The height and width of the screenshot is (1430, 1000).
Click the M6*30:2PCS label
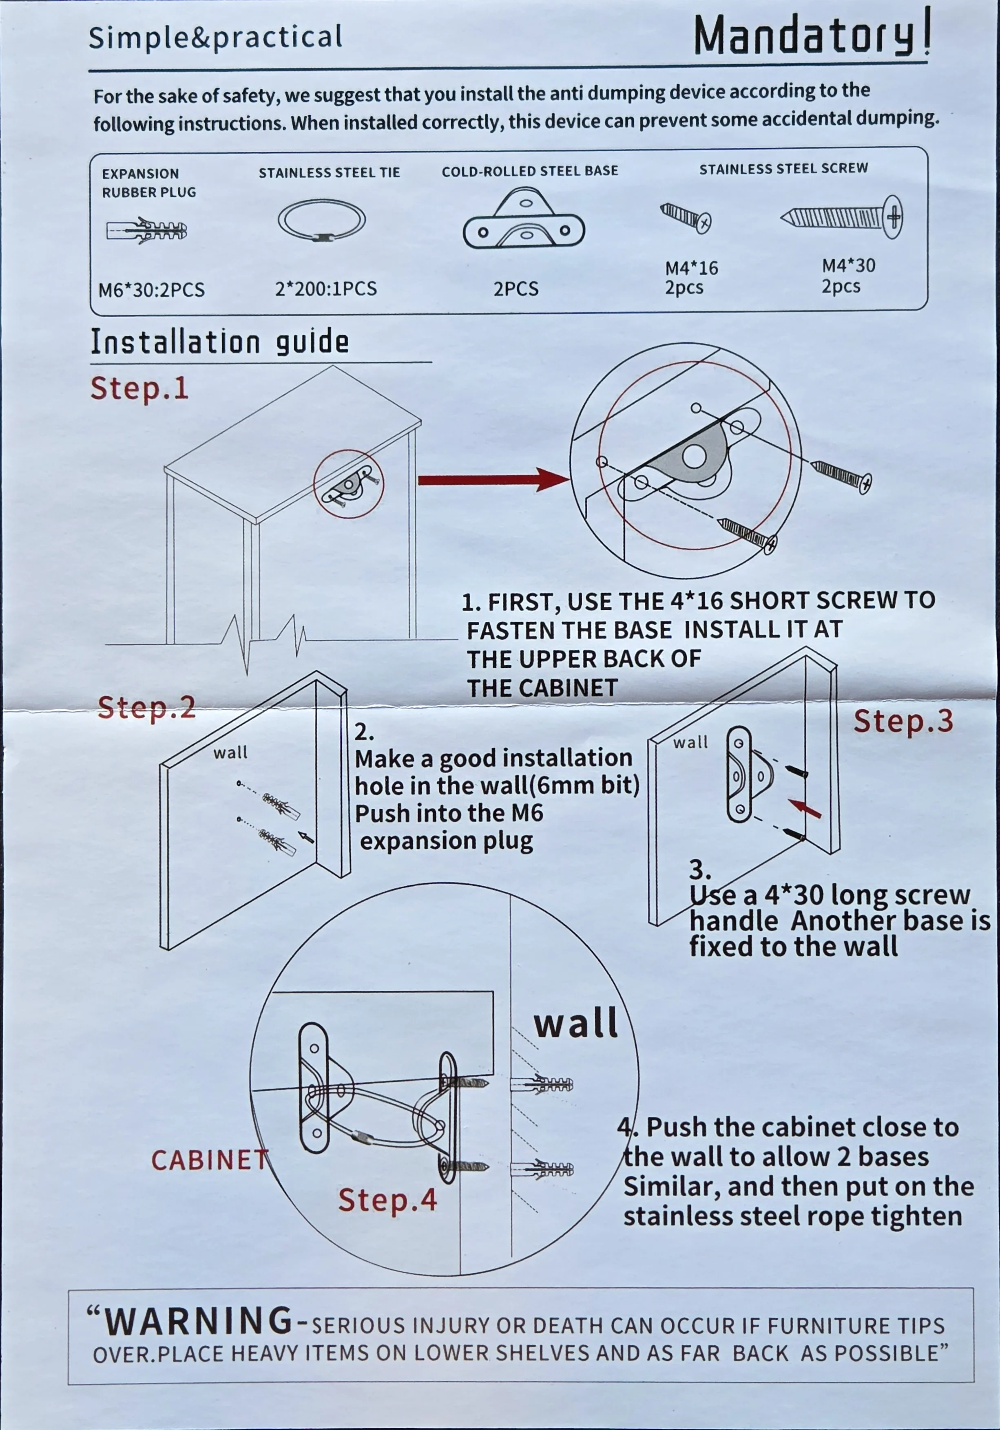[x=151, y=289]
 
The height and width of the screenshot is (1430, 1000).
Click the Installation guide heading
[x=219, y=342]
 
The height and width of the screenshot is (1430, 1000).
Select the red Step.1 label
[x=139, y=388]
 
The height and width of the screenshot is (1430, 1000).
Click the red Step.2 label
[x=147, y=708]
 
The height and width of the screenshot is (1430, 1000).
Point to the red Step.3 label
[x=903, y=721]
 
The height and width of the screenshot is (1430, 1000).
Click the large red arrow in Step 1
[x=492, y=479]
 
